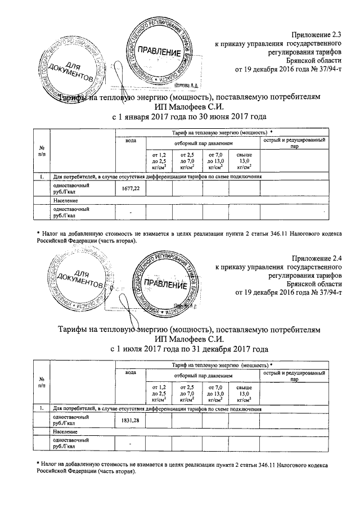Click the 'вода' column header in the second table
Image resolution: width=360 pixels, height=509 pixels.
[x=130, y=373]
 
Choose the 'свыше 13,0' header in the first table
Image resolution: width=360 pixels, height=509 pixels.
[x=244, y=160]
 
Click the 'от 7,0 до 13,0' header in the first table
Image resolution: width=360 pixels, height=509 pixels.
[x=215, y=160]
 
